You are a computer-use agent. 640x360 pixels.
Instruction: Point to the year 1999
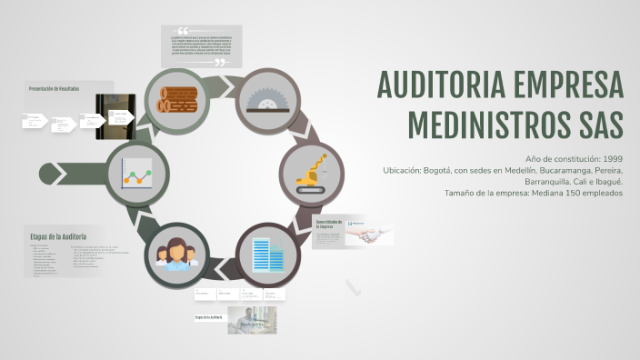coord(612,159)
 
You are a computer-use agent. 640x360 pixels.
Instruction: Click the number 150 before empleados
coord(581,192)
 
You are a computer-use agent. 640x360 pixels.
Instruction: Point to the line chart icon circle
coord(135,172)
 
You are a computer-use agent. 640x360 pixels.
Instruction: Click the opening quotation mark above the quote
coord(184,31)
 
